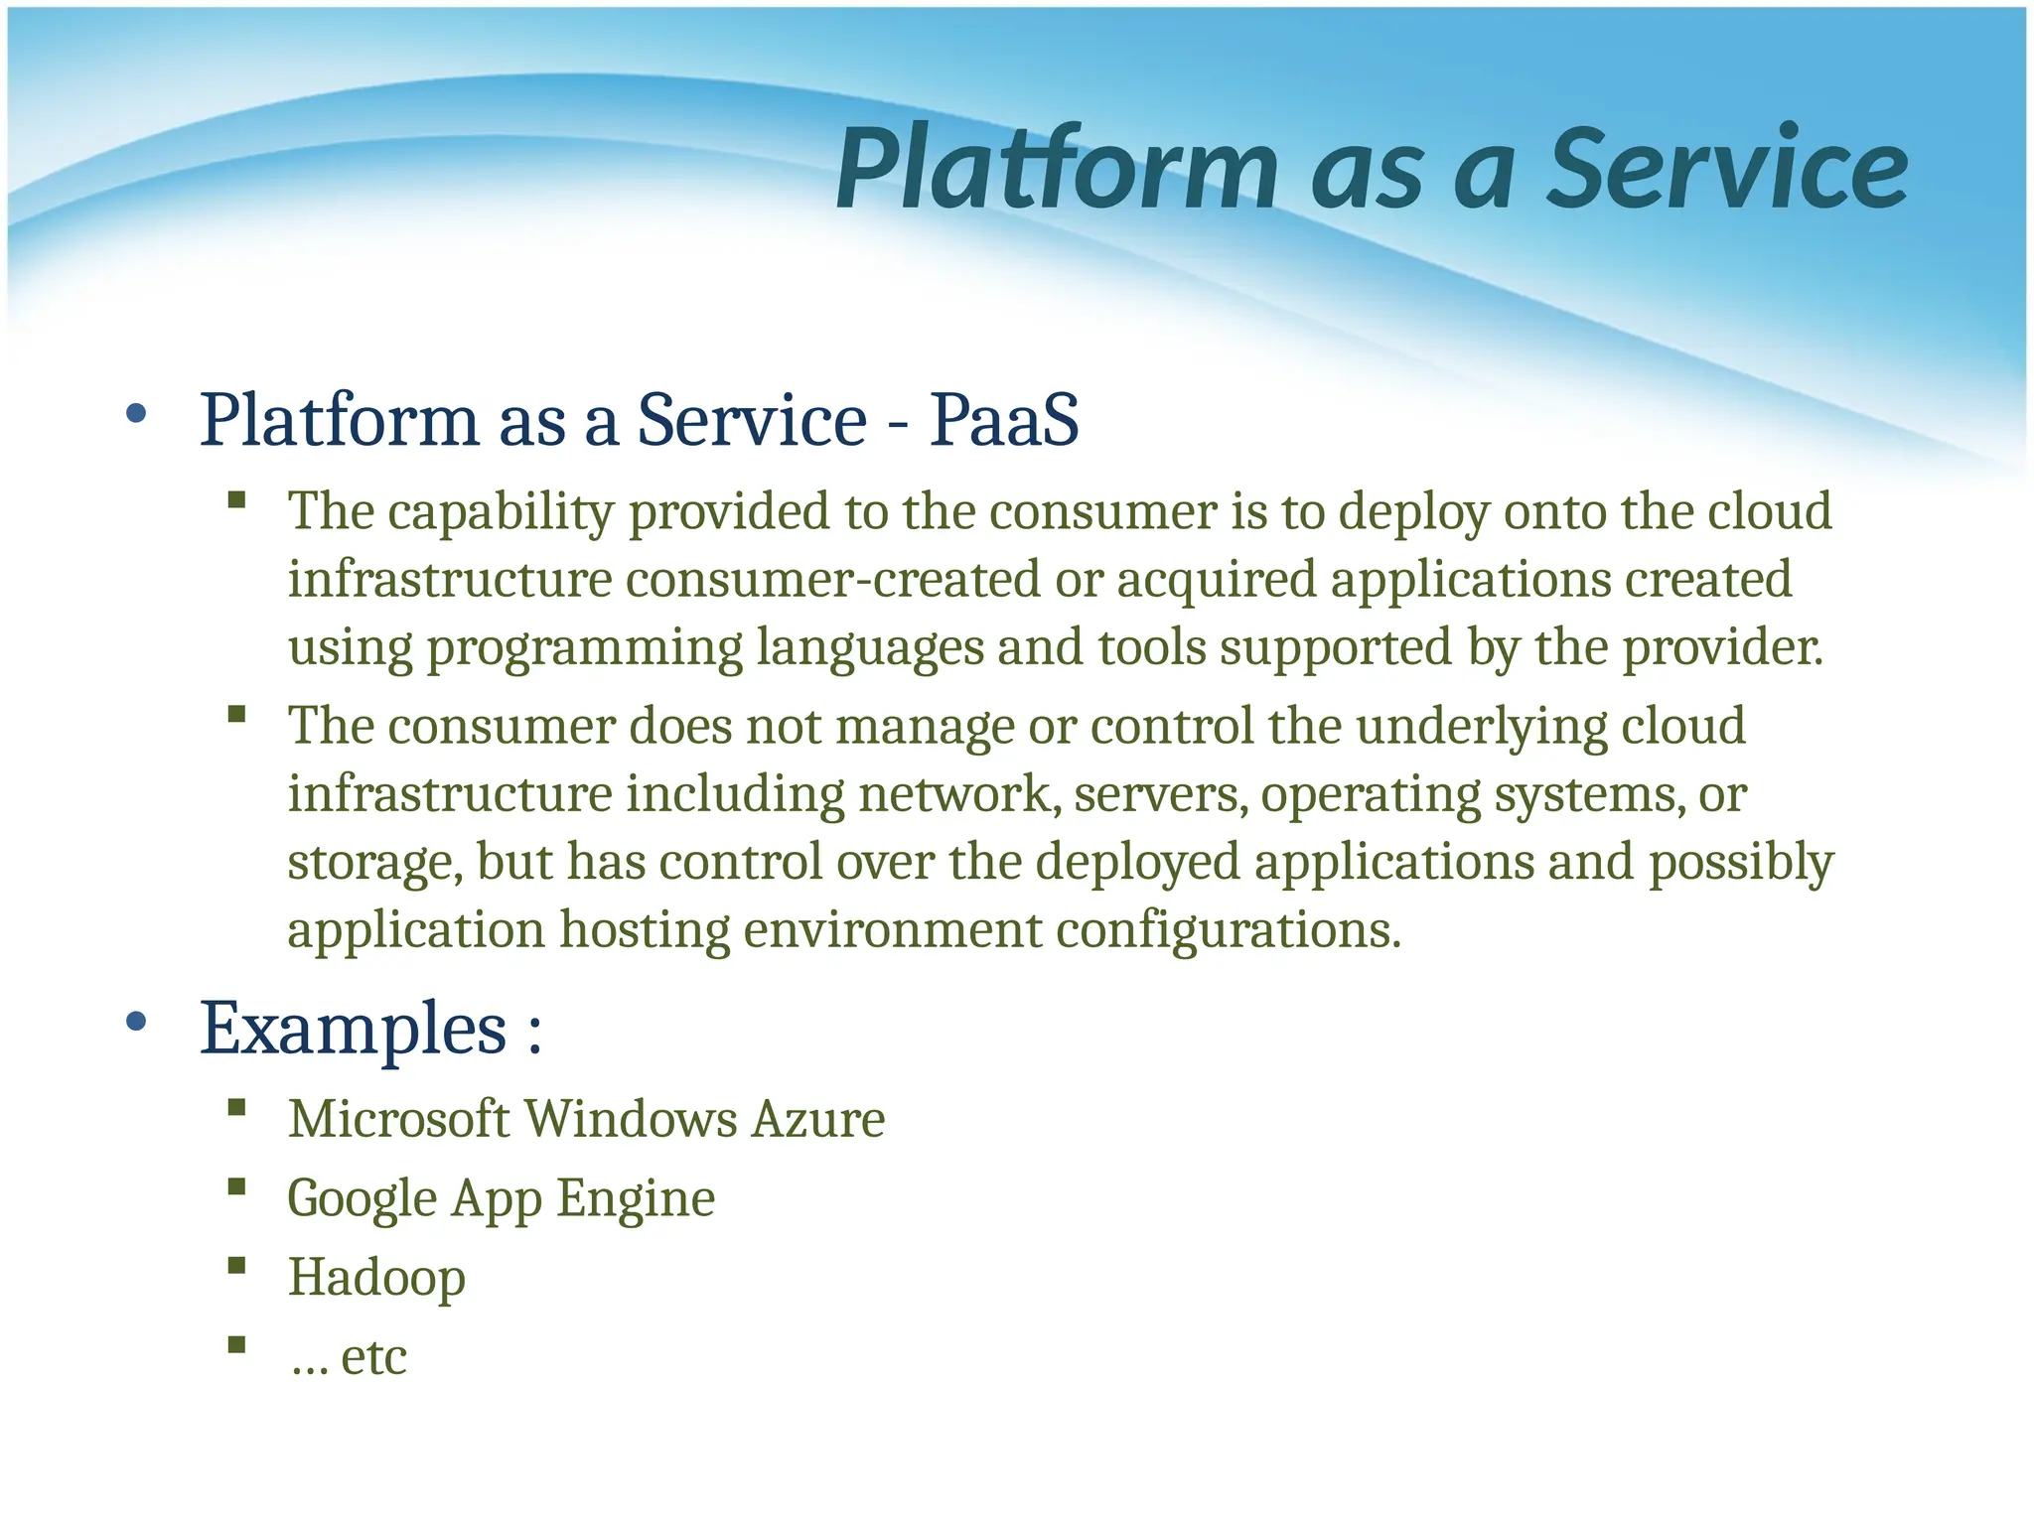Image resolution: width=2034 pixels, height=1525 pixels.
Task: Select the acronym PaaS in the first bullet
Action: (x=1004, y=420)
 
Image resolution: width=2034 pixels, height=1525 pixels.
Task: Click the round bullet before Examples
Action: (x=137, y=1021)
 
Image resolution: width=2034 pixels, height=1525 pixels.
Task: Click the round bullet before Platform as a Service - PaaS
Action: (x=137, y=414)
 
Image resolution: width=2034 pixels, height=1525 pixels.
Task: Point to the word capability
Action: (x=501, y=513)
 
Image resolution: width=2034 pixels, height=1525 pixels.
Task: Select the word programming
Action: (x=585, y=649)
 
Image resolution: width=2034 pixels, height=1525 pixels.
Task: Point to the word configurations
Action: (x=1228, y=931)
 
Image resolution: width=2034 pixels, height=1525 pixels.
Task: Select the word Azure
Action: (x=817, y=1120)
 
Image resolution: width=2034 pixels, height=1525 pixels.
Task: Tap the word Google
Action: (x=362, y=1199)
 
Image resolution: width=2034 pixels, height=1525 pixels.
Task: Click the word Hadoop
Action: (x=376, y=1277)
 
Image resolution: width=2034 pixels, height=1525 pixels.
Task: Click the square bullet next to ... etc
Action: (x=236, y=1345)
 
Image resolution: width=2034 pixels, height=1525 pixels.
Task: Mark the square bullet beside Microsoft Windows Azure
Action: (x=236, y=1108)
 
